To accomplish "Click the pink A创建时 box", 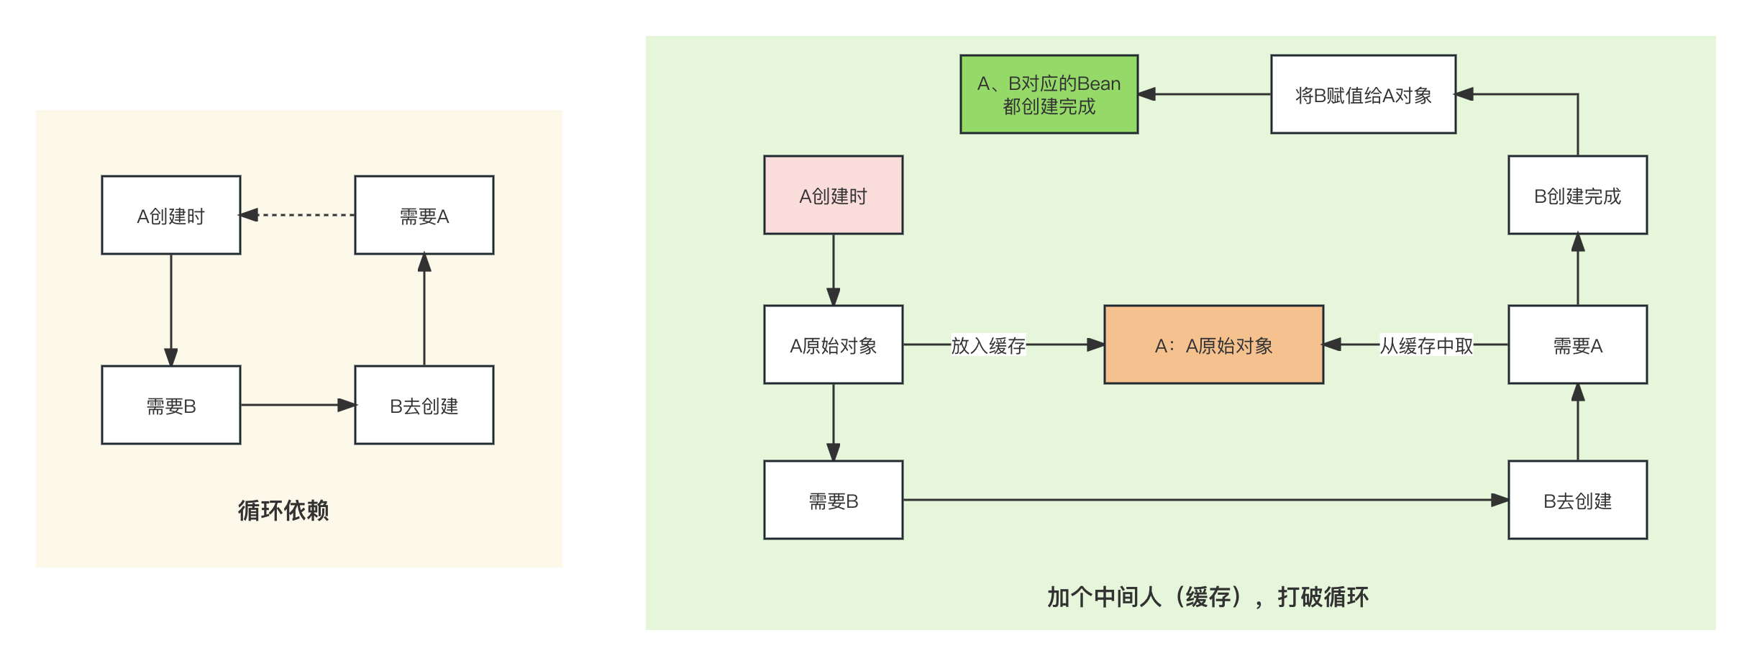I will pos(833,195).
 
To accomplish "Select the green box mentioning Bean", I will pos(1049,94).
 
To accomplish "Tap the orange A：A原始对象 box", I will pos(1213,345).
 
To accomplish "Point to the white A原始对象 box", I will pos(833,345).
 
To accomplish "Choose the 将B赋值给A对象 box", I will pos(1363,94).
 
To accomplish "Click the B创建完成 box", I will pos(1577,195).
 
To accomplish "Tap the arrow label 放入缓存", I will pos(988,345).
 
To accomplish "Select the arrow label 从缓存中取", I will pos(1426,345).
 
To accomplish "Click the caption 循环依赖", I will pos(283,510).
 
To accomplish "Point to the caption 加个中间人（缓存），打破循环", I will pos(1208,596).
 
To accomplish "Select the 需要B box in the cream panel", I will pos(171,405).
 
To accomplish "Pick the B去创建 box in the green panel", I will pos(1577,500).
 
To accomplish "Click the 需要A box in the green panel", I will pos(1577,345).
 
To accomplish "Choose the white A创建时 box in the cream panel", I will pos(171,215).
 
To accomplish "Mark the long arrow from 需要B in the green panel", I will pos(1205,500).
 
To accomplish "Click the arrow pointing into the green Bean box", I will pos(1205,94).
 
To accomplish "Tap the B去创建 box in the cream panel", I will pos(424,405).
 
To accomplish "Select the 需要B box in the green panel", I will pos(833,500).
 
